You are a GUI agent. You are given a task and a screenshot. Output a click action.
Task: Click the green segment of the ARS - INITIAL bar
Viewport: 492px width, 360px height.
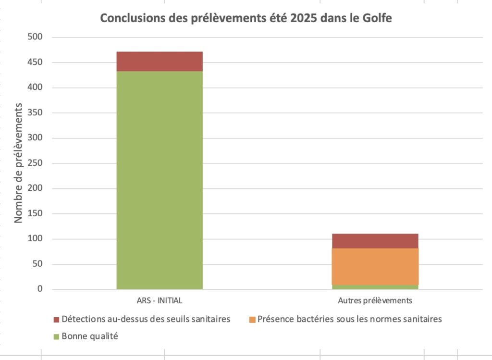pos(160,180)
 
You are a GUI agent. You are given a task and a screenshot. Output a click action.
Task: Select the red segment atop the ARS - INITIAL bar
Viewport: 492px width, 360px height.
pos(160,62)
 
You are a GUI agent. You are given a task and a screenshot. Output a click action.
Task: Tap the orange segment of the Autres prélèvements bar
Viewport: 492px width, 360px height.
pos(375,266)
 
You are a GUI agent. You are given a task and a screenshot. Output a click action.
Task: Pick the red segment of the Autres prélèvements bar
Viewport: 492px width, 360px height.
pos(375,241)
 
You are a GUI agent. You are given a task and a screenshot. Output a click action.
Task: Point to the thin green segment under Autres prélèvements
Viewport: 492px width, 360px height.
pos(375,287)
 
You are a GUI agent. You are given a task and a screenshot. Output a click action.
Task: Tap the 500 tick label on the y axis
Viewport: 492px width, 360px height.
pos(36,37)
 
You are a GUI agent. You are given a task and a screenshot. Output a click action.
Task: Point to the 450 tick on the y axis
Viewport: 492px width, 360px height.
pos(36,62)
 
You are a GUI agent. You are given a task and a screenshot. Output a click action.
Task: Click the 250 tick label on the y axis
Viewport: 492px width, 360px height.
pos(36,163)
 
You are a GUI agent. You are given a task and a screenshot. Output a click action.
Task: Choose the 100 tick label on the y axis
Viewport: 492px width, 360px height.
pos(36,239)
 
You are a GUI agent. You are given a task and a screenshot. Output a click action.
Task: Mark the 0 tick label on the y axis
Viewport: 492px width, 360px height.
pos(40,289)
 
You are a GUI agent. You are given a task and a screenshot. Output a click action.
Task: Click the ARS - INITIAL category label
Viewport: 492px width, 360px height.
pos(160,301)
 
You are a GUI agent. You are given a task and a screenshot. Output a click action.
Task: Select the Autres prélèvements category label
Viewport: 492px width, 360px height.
pos(375,301)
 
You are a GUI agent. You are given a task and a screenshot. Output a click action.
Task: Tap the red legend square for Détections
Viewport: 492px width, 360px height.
pos(56,319)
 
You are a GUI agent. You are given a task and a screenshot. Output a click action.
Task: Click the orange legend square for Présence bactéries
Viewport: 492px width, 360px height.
pos(252,319)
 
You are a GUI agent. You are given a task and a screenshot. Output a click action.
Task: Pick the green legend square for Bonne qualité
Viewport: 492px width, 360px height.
pos(56,336)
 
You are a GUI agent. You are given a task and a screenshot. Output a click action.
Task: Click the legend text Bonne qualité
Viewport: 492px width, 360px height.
pos(90,336)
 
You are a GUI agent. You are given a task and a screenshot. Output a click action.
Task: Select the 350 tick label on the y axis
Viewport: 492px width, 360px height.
pos(36,113)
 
